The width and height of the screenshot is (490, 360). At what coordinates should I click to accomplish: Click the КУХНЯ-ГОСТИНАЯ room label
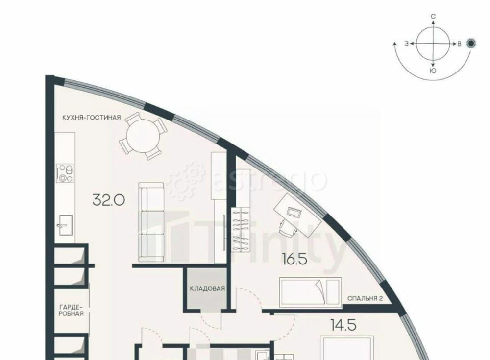point(91,118)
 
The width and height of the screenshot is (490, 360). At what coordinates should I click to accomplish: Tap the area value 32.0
point(109,200)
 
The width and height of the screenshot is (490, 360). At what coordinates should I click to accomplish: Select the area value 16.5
point(294,260)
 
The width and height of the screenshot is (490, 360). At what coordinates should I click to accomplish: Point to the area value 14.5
point(343,325)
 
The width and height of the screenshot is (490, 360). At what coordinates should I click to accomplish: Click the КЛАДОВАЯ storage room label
point(207,288)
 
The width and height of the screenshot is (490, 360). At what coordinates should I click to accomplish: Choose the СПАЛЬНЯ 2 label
point(365,298)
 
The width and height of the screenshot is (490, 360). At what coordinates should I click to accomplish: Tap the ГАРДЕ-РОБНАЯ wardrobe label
point(71,310)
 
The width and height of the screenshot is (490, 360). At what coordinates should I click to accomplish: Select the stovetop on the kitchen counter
point(65,173)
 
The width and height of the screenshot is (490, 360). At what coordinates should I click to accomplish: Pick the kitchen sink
point(66,225)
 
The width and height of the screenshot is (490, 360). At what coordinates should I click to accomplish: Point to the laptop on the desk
point(294,213)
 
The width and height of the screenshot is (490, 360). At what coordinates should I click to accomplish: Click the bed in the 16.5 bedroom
point(311,291)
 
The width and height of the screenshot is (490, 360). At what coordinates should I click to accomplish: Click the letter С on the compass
point(434,16)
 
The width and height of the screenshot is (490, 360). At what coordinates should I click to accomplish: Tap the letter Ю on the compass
point(433,71)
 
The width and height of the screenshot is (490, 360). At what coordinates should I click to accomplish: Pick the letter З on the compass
point(407,44)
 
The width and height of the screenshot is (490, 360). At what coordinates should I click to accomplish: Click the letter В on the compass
point(459,44)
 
